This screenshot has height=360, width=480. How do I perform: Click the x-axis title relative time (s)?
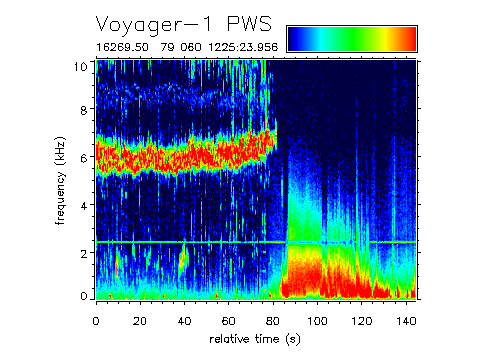tap(255, 340)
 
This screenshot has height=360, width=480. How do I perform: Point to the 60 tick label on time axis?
tap(229, 320)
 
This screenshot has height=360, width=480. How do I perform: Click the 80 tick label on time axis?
tap(274, 320)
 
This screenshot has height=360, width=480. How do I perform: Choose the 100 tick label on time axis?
tap(319, 320)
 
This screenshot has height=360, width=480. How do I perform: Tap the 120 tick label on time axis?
tap(363, 320)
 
